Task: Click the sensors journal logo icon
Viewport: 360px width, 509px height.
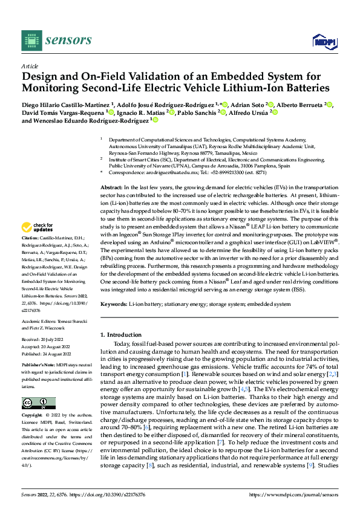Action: point(30,40)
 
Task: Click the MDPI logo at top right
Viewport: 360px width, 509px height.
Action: point(322,41)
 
